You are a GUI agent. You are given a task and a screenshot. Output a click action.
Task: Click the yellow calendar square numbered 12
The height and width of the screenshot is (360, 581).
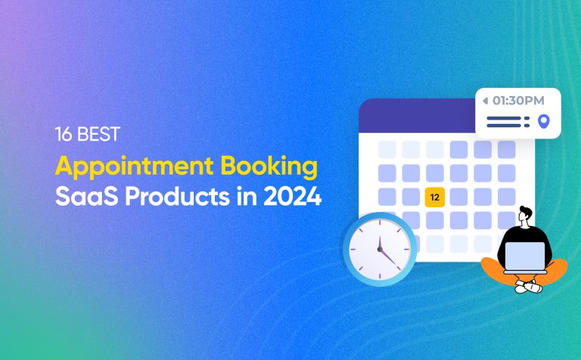click(x=434, y=197)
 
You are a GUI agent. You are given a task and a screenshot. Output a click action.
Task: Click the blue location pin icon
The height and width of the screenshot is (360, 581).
click(x=542, y=121)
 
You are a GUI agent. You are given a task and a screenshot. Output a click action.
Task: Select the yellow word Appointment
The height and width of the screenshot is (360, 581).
click(x=129, y=169)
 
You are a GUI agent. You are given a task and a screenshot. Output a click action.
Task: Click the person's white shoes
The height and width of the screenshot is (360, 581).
click(x=530, y=287)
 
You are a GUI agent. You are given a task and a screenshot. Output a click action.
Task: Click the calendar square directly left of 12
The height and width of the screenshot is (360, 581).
click(x=411, y=197)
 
